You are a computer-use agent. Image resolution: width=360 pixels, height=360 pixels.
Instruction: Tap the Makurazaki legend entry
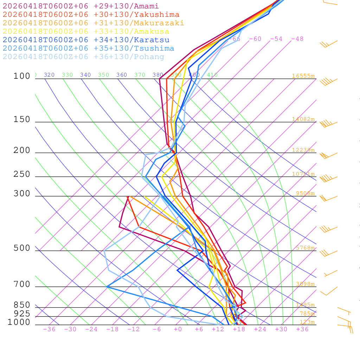click(94, 23)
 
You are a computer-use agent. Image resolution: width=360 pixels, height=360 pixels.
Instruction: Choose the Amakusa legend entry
click(86, 32)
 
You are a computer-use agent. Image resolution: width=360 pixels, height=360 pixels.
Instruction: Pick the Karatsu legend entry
click(86, 40)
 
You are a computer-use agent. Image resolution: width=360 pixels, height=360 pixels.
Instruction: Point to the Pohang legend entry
click(84, 57)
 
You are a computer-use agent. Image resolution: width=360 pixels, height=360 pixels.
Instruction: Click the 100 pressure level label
click(22, 76)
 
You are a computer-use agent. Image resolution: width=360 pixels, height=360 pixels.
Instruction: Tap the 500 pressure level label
click(22, 248)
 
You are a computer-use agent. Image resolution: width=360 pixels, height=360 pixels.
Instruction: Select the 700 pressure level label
click(22, 284)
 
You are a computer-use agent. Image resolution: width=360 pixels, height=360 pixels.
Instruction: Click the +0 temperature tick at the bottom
click(178, 329)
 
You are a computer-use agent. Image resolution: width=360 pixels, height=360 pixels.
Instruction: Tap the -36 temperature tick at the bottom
click(49, 329)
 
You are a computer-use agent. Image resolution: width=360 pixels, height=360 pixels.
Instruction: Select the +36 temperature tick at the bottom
click(302, 329)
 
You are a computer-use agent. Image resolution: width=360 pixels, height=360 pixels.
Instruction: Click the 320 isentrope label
click(49, 75)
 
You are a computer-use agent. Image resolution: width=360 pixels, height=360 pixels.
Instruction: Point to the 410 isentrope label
click(212, 75)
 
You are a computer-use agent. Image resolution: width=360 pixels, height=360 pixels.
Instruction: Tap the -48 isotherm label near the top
click(297, 39)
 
